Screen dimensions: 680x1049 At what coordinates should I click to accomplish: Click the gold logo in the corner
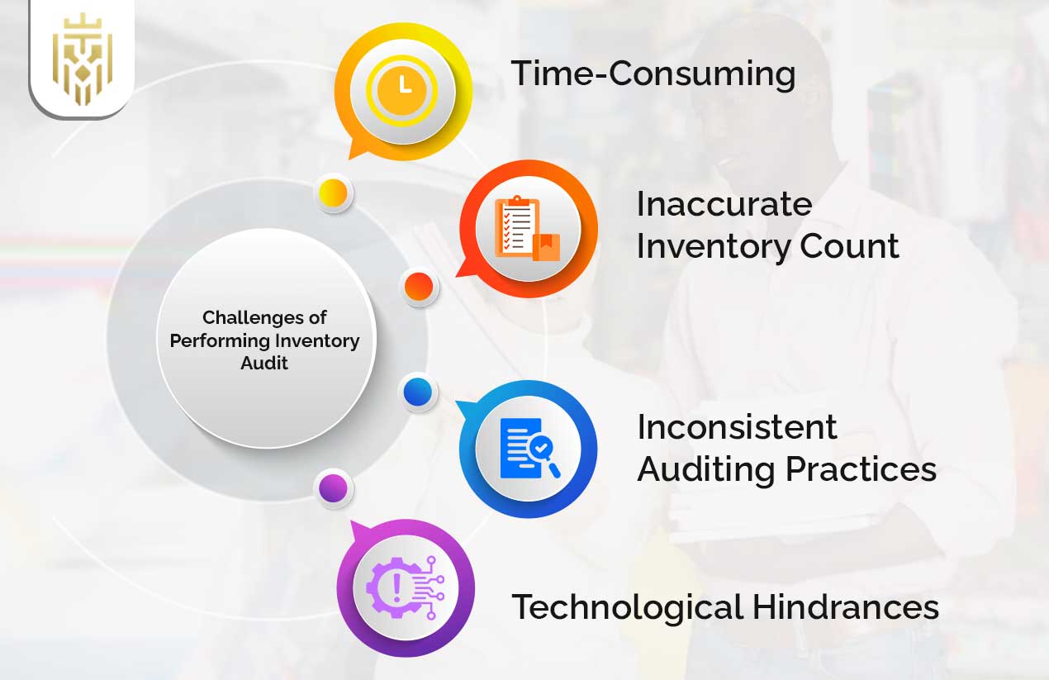click(81, 59)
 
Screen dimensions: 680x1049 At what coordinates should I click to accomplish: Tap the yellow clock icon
click(403, 86)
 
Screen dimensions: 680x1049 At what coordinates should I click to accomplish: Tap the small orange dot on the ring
click(419, 287)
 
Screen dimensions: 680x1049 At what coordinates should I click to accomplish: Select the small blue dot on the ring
click(418, 392)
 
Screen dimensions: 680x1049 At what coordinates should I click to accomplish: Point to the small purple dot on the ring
click(334, 488)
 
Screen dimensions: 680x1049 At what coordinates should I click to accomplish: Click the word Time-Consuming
click(653, 74)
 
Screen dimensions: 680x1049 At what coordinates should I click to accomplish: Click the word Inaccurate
click(724, 204)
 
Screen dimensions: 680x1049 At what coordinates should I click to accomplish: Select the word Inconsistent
click(737, 427)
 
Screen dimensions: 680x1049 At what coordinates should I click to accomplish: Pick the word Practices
click(861, 469)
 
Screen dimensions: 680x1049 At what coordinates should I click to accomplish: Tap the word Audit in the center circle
click(264, 363)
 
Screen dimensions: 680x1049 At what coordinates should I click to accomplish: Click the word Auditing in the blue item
click(706, 469)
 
